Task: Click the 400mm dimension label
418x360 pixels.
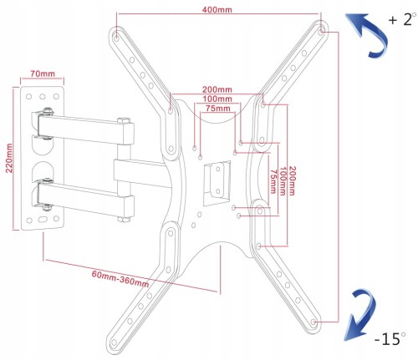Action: pos(217,10)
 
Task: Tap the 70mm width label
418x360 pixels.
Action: pos(43,74)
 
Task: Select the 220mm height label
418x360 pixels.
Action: pos(9,158)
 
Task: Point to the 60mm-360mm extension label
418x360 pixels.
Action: pos(120,278)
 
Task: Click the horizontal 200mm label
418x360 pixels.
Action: pos(217,89)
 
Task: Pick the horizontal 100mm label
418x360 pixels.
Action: pos(217,99)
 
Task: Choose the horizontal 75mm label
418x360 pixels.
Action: pos(218,109)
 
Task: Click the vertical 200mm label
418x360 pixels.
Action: pos(292,181)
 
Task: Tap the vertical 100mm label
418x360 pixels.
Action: pos(283,181)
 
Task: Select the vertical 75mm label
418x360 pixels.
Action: pos(273,181)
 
